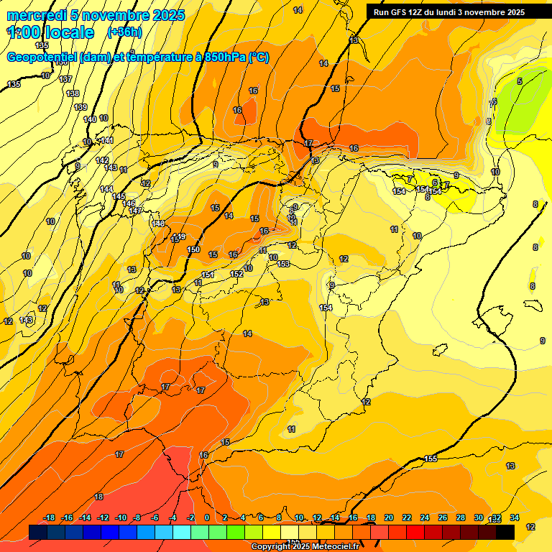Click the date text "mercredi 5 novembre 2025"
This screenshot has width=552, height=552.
(96, 15)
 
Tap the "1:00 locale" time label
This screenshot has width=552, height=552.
(50, 32)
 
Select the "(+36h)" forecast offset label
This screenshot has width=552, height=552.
(124, 32)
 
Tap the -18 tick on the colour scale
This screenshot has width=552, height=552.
(50, 517)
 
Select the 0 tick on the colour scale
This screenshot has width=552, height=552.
(207, 517)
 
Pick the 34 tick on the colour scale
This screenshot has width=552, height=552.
(515, 517)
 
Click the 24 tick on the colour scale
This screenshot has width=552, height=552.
(425, 517)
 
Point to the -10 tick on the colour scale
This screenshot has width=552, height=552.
(121, 517)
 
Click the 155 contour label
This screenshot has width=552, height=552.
(431, 459)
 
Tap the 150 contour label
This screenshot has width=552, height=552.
(193, 249)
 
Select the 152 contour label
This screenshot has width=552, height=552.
(236, 274)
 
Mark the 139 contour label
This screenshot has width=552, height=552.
(80, 107)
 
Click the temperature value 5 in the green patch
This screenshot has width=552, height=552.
(520, 81)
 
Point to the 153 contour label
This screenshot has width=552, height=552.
(284, 264)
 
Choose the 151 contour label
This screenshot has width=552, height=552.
(208, 275)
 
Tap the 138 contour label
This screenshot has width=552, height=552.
(72, 93)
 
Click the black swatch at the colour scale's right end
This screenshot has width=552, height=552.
(505, 532)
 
